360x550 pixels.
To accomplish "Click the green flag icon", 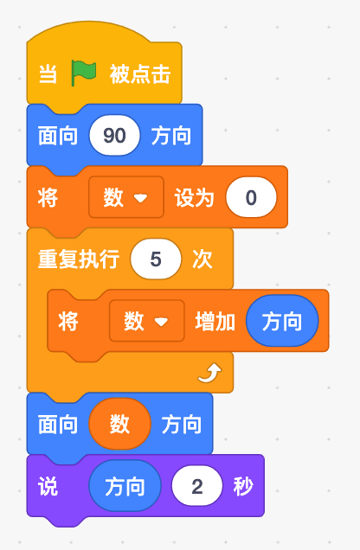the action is (x=83, y=73).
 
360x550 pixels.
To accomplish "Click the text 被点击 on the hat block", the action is (x=140, y=74).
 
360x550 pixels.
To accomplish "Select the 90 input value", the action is (x=114, y=136).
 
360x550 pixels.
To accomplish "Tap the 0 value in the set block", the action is (x=251, y=197).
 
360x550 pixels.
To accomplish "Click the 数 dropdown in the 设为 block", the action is (x=126, y=197).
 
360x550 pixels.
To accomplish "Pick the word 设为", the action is (x=195, y=197).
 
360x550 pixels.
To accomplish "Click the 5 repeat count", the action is (x=156, y=259).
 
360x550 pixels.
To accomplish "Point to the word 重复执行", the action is (x=79, y=259).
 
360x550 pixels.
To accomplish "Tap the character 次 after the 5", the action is (x=202, y=259).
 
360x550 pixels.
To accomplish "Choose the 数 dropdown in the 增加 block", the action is (x=146, y=321).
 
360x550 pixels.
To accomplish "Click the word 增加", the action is (x=215, y=322).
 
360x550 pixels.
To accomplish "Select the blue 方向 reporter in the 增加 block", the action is (x=282, y=321).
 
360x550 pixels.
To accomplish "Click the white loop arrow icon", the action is (x=209, y=373).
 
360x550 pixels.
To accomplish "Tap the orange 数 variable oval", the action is (x=119, y=424).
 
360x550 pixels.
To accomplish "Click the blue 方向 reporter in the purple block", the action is (x=125, y=486).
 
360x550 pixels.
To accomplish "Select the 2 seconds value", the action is (x=196, y=486).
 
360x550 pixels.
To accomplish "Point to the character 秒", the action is (x=243, y=486).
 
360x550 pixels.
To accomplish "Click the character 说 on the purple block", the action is (x=48, y=486).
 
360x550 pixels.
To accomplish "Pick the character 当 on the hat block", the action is (x=48, y=74).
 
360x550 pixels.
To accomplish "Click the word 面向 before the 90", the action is (x=58, y=136).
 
